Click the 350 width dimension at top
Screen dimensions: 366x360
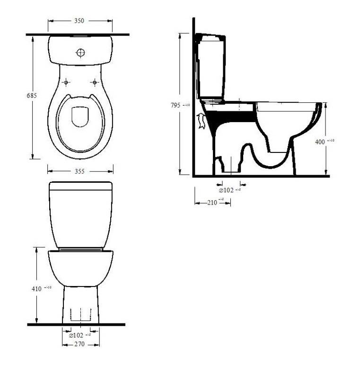[79, 21]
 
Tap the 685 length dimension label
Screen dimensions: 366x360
[32, 95]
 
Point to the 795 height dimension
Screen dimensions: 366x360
[175, 106]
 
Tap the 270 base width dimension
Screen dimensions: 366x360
[79, 344]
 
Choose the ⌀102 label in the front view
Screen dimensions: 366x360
[76, 335]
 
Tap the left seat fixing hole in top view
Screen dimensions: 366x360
[66, 82]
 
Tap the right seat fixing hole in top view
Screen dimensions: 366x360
[95, 82]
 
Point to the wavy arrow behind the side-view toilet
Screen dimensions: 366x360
[201, 121]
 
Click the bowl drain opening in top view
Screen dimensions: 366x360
[80, 117]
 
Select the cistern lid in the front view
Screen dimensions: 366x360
[80, 186]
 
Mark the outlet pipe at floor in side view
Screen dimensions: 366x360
[229, 167]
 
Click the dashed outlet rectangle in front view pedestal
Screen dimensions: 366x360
[80, 314]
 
